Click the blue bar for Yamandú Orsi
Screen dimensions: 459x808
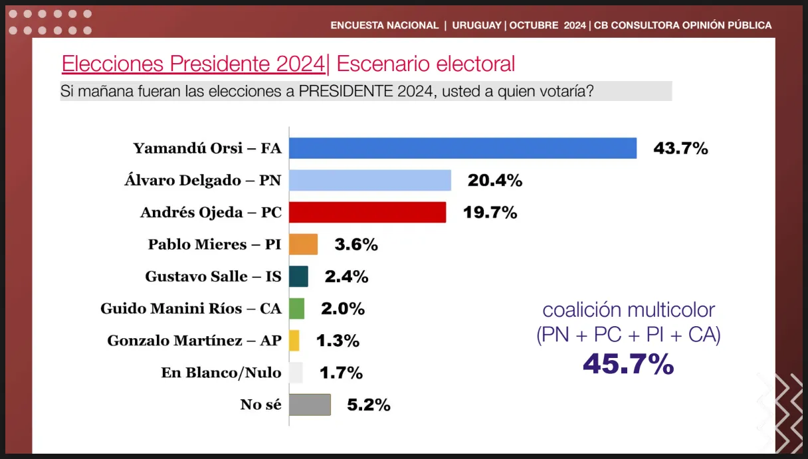(462, 148)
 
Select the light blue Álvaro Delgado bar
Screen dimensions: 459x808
(370, 180)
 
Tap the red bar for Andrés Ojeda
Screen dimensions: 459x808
(367, 213)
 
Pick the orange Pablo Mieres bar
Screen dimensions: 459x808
(304, 244)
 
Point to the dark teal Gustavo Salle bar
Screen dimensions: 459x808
(299, 276)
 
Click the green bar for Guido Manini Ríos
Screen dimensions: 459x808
(297, 308)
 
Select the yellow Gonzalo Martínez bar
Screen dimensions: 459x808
(294, 341)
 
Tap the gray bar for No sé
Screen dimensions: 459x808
(310, 405)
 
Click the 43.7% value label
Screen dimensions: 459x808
(680, 148)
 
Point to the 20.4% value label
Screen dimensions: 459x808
(495, 180)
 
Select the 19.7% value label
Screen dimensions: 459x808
(490, 213)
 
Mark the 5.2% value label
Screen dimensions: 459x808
(368, 405)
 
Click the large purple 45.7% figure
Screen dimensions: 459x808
(628, 364)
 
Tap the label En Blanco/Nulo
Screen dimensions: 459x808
(221, 373)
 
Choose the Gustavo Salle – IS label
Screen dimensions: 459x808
(213, 276)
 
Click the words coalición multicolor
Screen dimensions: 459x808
(629, 310)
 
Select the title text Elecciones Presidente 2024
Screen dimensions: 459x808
(193, 64)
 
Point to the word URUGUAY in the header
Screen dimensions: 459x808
(476, 25)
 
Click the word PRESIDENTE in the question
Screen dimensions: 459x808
(343, 91)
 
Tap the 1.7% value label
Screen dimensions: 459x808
(340, 373)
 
